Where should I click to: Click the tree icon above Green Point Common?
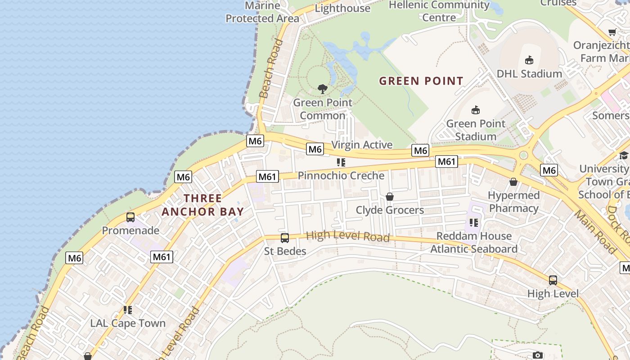322,89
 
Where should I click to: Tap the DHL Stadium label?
529,73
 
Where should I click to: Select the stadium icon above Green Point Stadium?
476,110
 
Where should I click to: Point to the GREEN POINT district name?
421,81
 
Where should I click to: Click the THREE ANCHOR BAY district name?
202,205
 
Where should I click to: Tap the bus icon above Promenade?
130,217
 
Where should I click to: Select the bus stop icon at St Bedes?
285,238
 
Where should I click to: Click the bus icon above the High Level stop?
553,280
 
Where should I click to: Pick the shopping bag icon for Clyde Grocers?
390,197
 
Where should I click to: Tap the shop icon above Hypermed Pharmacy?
513,182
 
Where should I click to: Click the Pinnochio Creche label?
341,175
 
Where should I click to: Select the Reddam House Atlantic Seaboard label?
474,243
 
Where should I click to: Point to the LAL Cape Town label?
128,323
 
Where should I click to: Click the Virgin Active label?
362,145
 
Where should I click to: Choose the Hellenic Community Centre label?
439,11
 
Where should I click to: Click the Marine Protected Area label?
262,12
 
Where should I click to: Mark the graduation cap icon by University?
623,156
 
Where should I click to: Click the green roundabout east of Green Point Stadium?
523,155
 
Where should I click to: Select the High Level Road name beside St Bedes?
347,236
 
